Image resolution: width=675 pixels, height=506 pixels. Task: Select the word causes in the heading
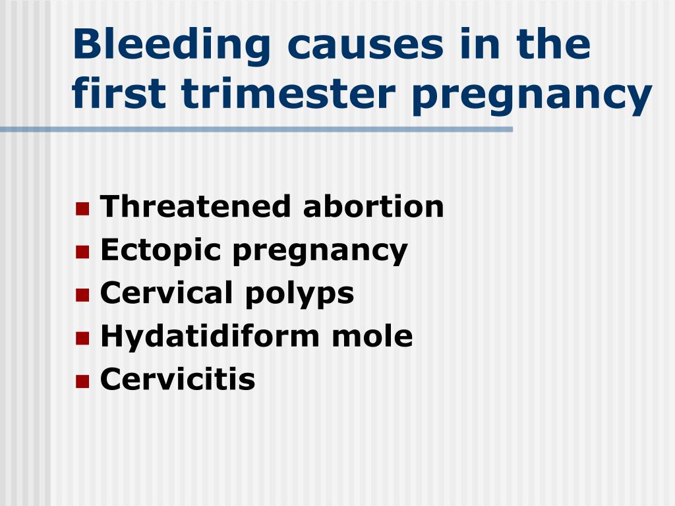365,47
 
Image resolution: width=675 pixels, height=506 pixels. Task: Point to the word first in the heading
119,92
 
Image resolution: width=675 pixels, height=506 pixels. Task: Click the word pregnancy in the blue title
532,98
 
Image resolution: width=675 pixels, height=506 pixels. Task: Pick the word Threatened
195,206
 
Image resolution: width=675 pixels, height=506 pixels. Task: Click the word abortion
373,206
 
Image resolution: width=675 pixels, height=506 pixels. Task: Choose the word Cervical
167,293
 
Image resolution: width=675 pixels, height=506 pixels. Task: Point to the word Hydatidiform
210,336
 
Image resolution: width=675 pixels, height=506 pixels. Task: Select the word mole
372,336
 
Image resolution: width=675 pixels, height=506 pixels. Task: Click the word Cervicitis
177,379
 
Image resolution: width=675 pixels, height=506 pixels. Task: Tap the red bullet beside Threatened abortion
82,209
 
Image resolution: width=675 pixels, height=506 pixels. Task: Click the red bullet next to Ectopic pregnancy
82,252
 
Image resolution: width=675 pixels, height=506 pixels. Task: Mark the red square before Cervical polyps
82,295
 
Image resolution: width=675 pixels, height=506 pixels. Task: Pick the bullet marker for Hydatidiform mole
82,338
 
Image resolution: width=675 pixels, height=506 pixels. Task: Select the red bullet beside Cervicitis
82,381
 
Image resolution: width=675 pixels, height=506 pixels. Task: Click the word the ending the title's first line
553,43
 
